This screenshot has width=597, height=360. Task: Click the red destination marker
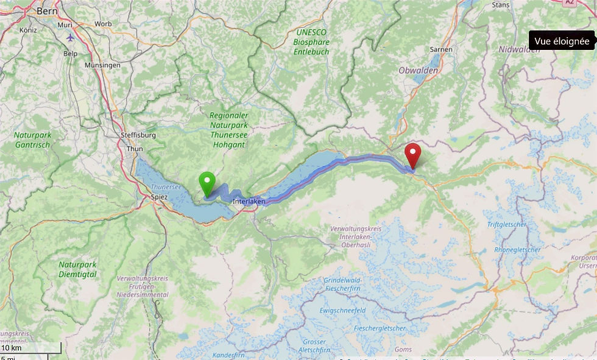413,154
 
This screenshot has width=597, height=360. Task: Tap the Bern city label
47,10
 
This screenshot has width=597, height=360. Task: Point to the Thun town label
134,148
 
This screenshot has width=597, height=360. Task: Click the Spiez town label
158,197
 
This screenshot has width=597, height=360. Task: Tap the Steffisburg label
138,135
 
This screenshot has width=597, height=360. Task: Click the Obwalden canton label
418,71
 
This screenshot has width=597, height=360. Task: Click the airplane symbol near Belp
71,37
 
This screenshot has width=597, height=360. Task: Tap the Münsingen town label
102,65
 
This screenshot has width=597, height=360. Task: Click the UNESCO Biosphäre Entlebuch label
311,42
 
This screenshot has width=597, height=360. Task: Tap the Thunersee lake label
166,187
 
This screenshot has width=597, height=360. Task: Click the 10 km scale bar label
11,348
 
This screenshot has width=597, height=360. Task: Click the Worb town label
103,24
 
